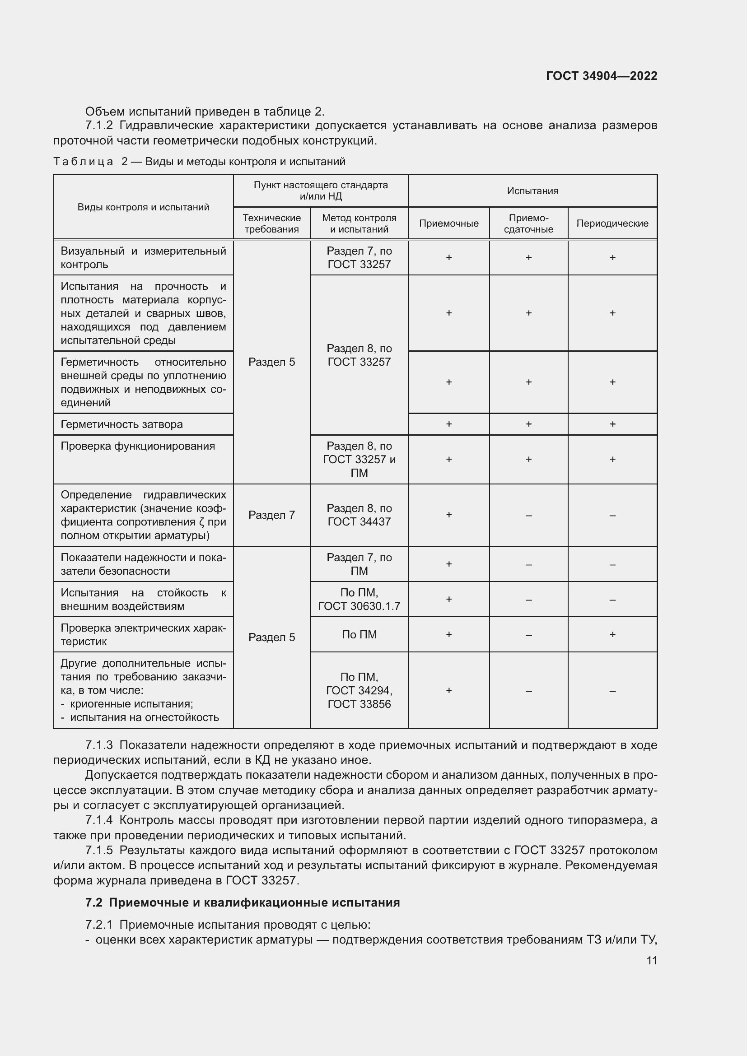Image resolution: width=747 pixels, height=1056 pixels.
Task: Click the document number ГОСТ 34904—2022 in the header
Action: pyautogui.click(x=601, y=76)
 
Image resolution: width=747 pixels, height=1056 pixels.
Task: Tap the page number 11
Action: pyautogui.click(x=651, y=960)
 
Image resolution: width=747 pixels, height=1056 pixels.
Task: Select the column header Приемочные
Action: pyautogui.click(x=448, y=223)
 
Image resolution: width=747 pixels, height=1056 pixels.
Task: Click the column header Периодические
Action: pyautogui.click(x=612, y=223)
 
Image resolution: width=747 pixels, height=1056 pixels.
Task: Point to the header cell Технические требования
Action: pyautogui.click(x=271, y=223)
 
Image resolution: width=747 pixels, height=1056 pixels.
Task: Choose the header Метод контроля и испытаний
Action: pyautogui.click(x=359, y=223)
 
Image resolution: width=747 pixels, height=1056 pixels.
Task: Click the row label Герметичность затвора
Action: pyautogui.click(x=122, y=424)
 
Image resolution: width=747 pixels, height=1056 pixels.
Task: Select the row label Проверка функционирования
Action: pyautogui.click(x=138, y=446)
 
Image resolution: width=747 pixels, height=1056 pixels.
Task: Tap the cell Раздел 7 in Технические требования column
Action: pyautogui.click(x=271, y=515)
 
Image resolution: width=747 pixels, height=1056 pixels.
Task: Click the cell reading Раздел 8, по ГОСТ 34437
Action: pyautogui.click(x=359, y=515)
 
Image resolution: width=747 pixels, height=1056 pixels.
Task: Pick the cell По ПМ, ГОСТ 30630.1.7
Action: pyautogui.click(x=359, y=599)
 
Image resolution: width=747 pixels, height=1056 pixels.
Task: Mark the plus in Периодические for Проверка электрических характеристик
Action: pyautogui.click(x=612, y=634)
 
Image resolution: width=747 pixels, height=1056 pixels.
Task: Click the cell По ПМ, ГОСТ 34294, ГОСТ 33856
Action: pyautogui.click(x=359, y=690)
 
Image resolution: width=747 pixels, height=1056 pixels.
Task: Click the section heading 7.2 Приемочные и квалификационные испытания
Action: pyautogui.click(x=243, y=902)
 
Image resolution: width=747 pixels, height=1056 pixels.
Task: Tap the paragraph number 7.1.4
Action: pyautogui.click(x=99, y=820)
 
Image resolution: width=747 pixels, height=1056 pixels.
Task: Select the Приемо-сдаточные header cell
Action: pyautogui.click(x=528, y=223)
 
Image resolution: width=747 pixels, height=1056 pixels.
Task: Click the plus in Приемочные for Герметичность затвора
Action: pyautogui.click(x=448, y=424)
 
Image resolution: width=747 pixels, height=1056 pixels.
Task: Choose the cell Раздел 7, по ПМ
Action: pyautogui.click(x=359, y=564)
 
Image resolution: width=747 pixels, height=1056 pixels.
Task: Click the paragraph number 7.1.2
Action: pyautogui.click(x=99, y=126)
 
